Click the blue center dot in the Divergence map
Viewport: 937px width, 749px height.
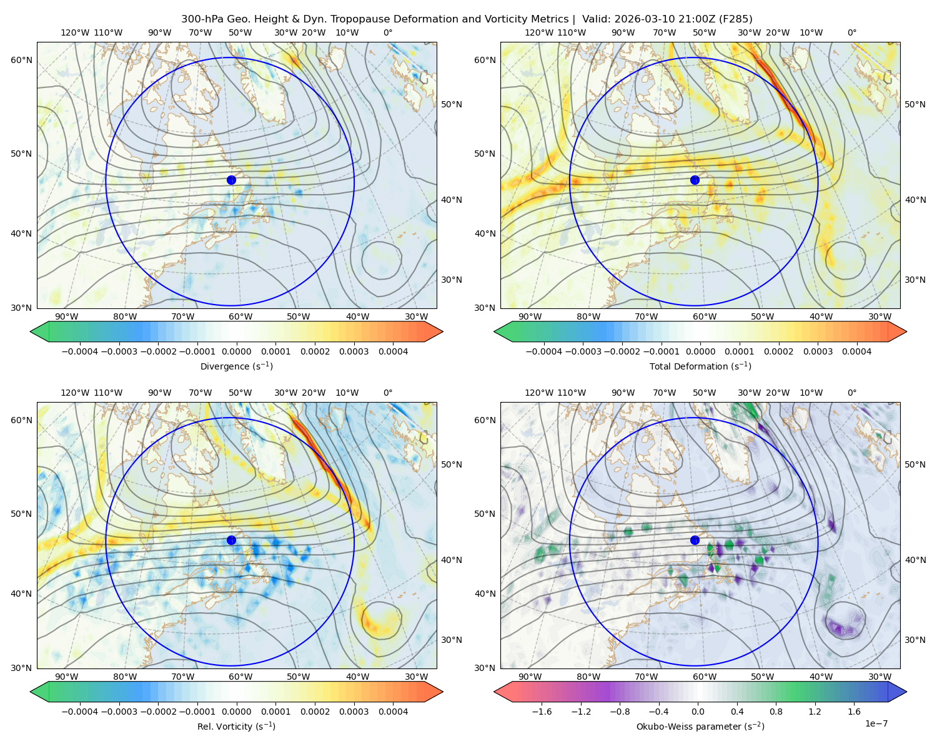[231, 180]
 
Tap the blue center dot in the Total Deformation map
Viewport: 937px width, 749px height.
[695, 180]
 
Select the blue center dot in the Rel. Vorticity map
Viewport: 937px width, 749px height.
[231, 540]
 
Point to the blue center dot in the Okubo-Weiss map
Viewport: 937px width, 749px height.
[695, 540]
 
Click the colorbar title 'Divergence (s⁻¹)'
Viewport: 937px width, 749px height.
[236, 366]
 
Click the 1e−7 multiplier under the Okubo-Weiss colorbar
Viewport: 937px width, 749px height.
[876, 723]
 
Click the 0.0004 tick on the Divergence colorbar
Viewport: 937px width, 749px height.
[393, 351]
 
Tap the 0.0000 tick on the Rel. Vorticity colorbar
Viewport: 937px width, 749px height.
[236, 712]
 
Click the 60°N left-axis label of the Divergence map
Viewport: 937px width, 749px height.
[21, 60]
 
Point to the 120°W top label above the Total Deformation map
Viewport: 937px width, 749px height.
[538, 32]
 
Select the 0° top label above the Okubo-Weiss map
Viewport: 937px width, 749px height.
[852, 393]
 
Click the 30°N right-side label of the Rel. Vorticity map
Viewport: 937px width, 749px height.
[452, 640]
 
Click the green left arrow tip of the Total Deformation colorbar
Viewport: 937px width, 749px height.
[495, 331]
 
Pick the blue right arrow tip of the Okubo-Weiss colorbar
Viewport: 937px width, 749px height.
[906, 692]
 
